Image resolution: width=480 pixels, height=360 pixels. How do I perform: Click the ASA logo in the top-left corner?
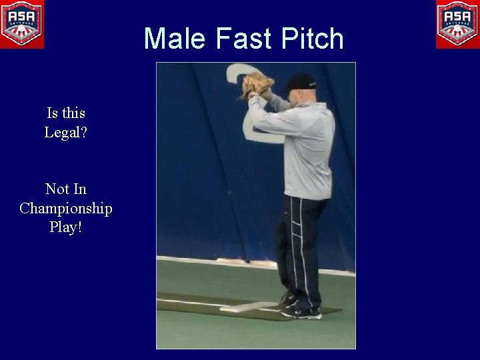[22, 24]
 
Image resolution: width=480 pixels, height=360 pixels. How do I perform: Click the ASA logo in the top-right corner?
[457, 24]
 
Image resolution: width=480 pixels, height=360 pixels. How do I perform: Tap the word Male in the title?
[176, 39]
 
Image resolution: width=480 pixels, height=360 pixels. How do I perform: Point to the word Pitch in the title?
[312, 39]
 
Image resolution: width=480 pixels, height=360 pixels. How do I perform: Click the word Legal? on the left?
[66, 132]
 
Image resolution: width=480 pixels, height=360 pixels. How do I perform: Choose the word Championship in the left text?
[66, 208]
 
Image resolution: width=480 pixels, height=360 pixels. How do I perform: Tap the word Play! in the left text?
[66, 227]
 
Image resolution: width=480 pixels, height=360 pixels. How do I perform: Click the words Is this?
[66, 113]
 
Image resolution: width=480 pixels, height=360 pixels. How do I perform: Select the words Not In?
[66, 189]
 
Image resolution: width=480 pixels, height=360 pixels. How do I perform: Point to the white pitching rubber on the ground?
[248, 307]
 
